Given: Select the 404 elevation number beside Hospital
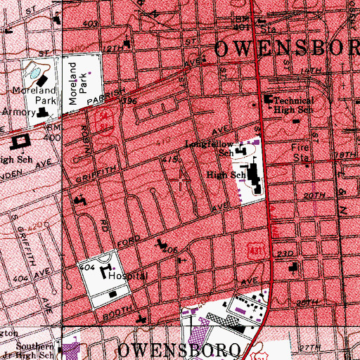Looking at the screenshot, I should point(87,269).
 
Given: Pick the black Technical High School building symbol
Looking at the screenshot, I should point(268,100).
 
